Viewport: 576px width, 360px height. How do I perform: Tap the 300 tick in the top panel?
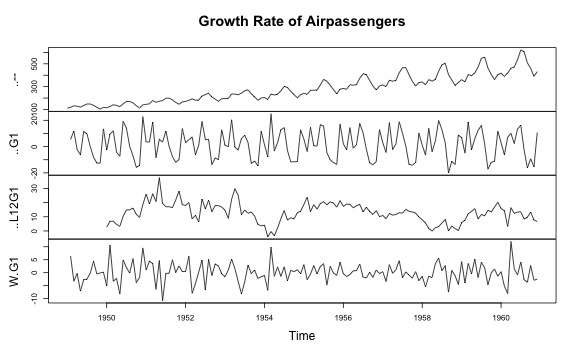tap(34, 86)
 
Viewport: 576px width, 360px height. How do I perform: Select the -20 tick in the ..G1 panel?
tap(34, 169)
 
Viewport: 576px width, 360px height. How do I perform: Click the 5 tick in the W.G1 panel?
tap(34, 258)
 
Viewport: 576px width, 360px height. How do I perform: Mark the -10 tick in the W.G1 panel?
tap(34, 297)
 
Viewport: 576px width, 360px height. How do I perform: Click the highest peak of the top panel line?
tap(521, 50)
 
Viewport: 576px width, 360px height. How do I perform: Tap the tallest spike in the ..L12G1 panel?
tap(159, 178)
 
